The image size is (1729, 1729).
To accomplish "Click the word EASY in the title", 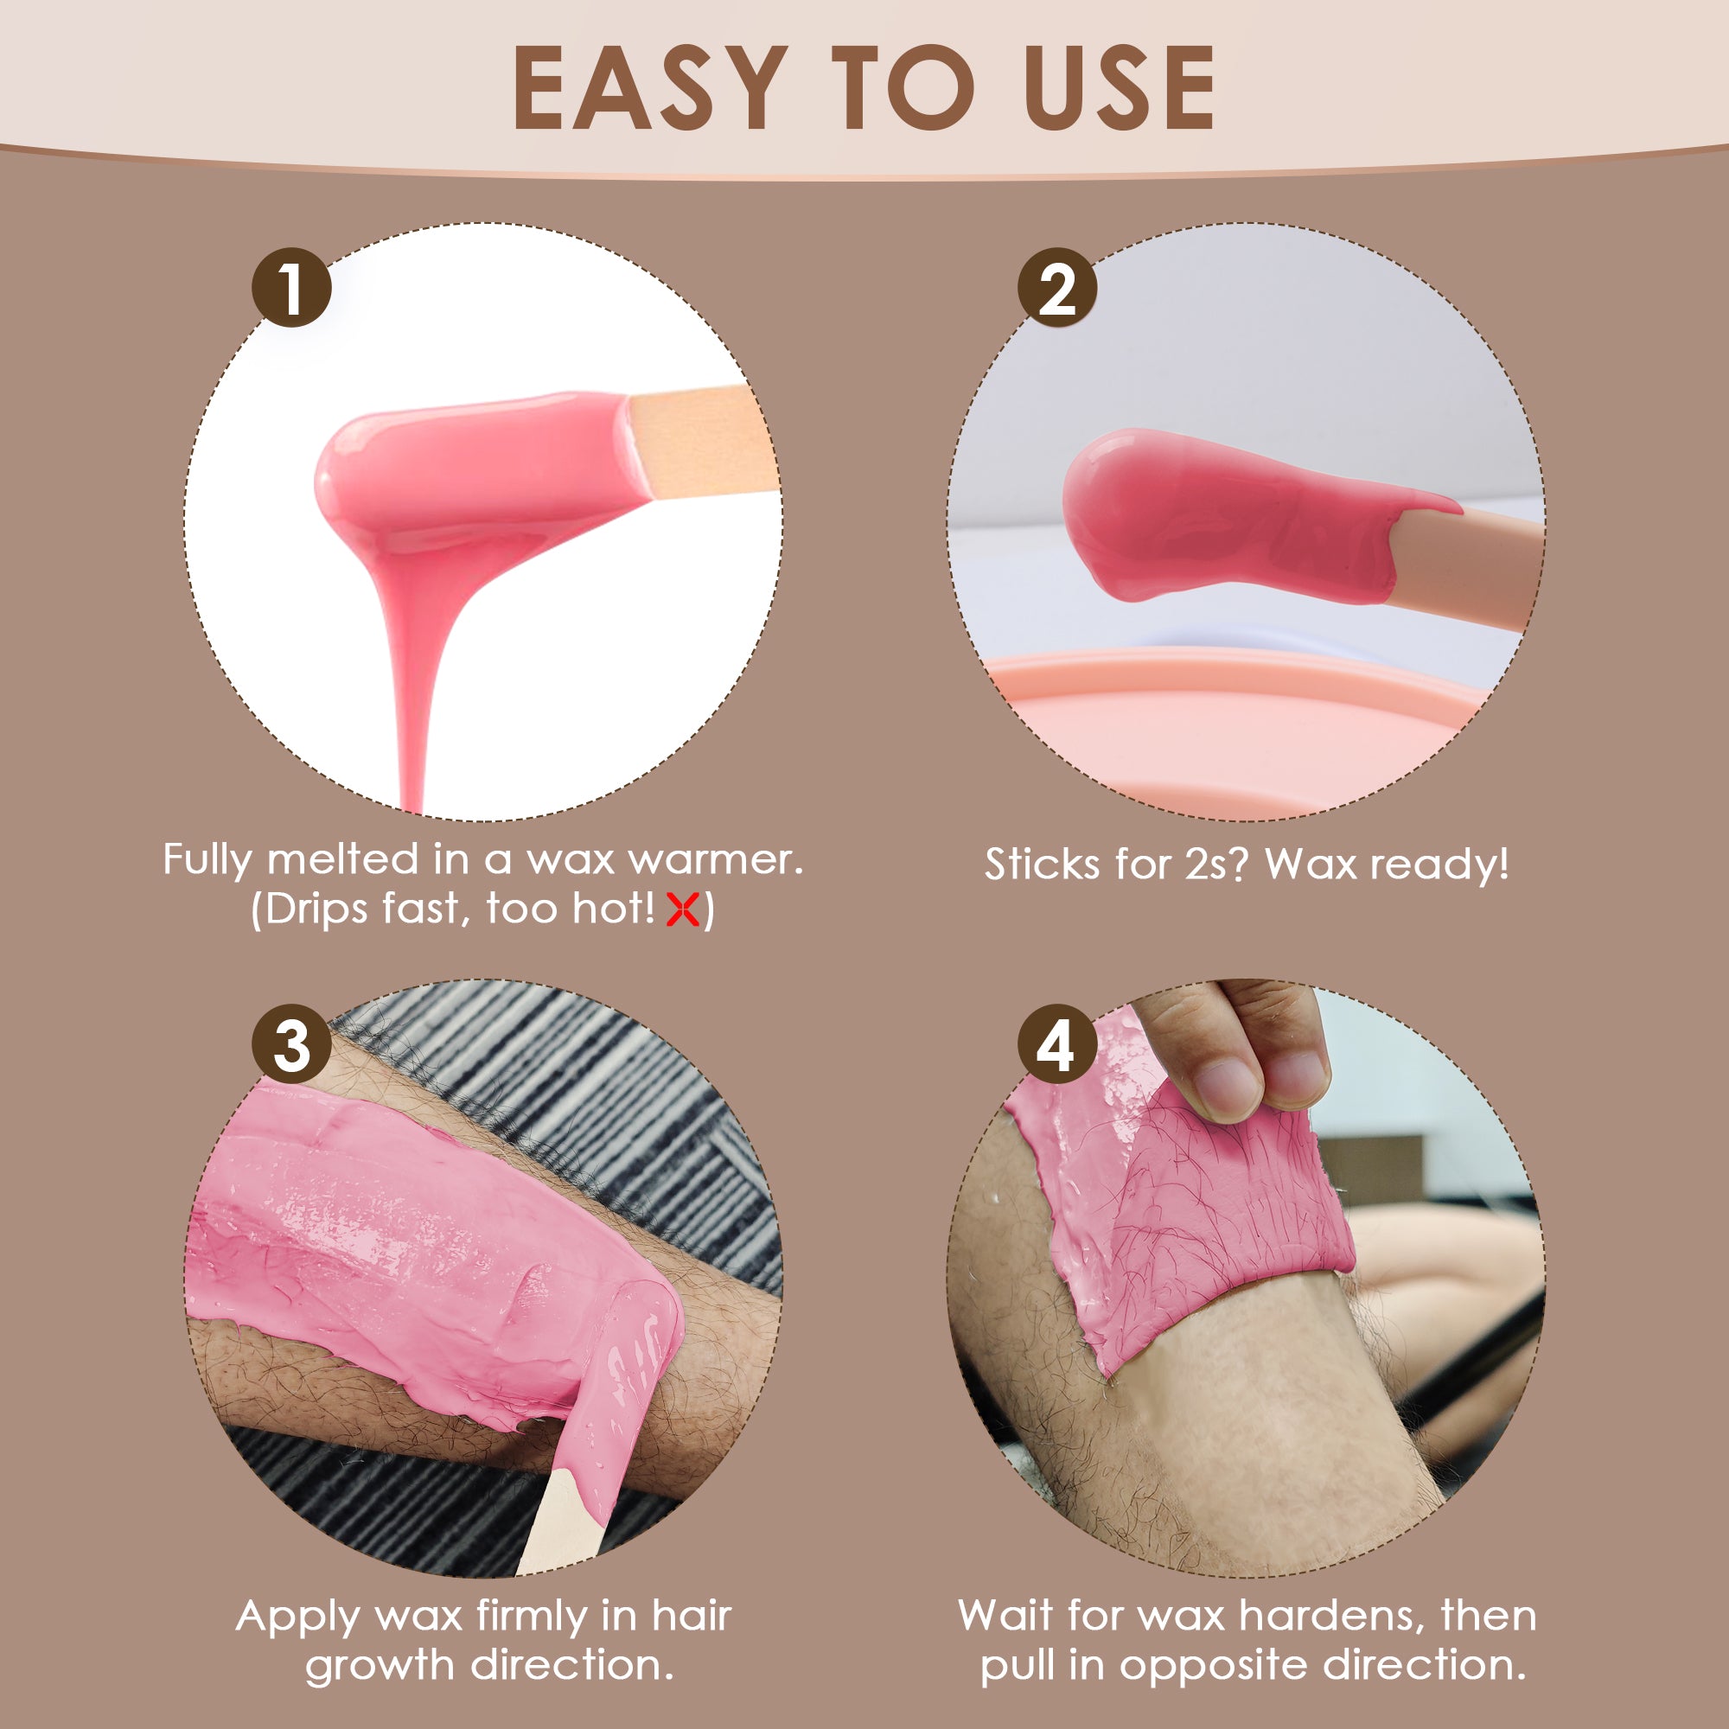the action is [650, 87].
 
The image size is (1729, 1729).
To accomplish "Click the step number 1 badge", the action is [291, 287].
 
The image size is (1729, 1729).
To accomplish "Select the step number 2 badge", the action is [1057, 287].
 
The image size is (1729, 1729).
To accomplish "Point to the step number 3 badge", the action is [291, 1044].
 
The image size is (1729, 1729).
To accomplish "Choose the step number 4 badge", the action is [1057, 1044].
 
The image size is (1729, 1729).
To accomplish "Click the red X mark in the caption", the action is [683, 910].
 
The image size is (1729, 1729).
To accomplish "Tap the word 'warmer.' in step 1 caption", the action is [715, 860].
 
